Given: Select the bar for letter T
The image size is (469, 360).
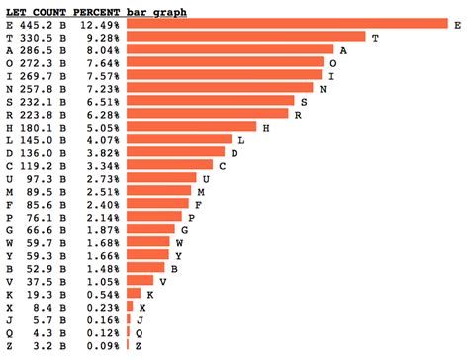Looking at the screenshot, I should pyautogui.click(x=247, y=37).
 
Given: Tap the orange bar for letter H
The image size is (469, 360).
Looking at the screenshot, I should pyautogui.click(x=192, y=127).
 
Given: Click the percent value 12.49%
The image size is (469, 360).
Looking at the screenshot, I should pyautogui.click(x=101, y=24).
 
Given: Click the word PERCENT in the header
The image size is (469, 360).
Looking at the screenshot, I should pyautogui.click(x=101, y=10).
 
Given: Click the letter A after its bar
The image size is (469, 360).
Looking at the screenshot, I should pyautogui.click(x=342, y=49).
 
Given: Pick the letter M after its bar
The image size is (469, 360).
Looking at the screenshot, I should pyautogui.click(x=201, y=191).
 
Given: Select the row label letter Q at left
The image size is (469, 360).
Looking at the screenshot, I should pyautogui.click(x=9, y=332).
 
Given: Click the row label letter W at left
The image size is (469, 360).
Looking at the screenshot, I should pyautogui.click(x=9, y=242).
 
